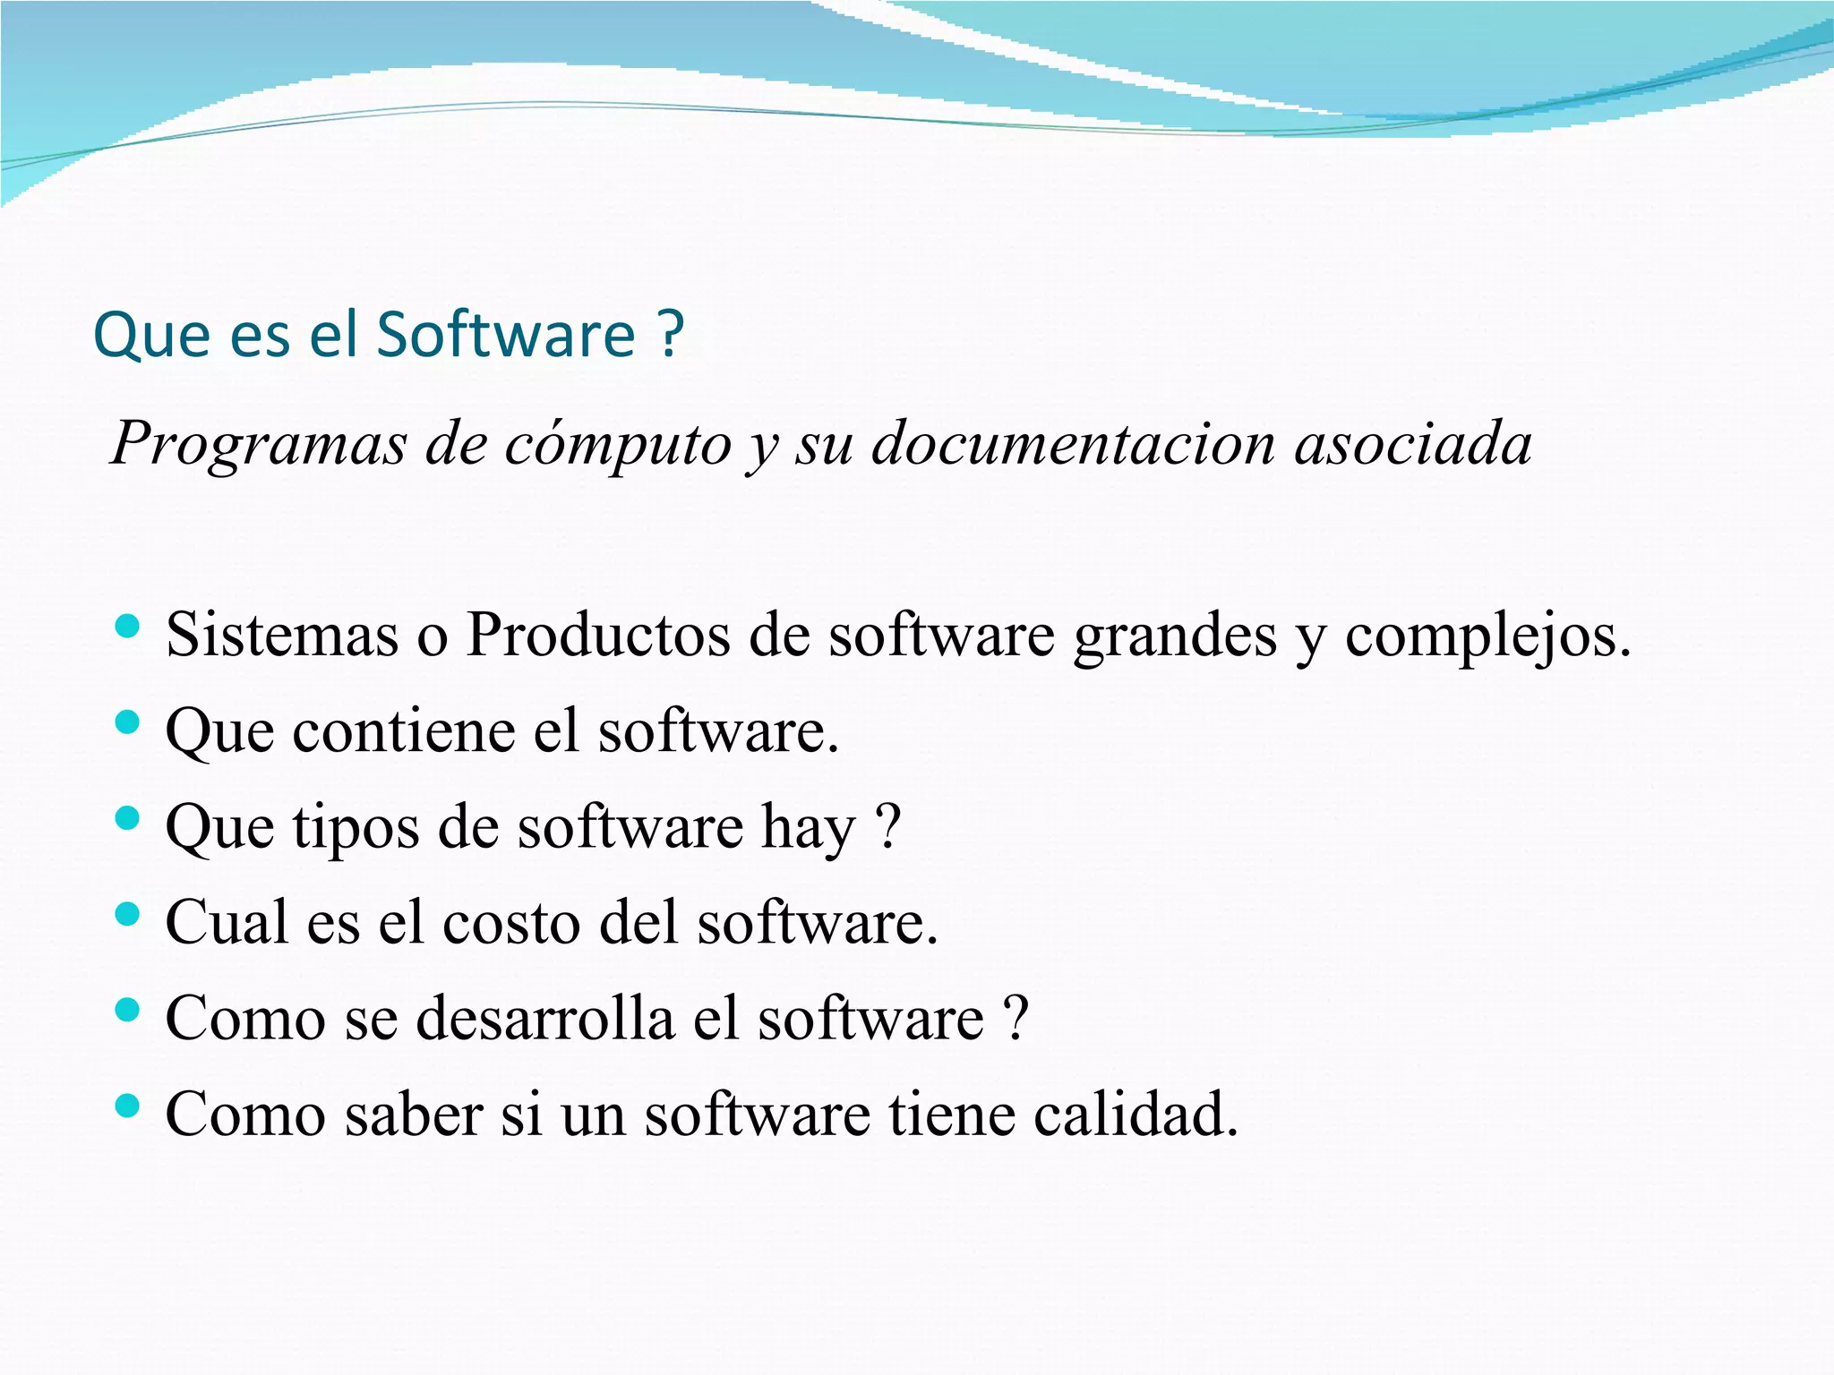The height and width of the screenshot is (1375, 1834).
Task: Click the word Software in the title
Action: [x=505, y=335]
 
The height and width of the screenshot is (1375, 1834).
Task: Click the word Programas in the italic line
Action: [x=258, y=444]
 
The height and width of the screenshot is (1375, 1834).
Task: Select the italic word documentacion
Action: [x=1073, y=444]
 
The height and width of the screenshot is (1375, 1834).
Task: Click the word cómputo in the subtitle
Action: [x=618, y=446]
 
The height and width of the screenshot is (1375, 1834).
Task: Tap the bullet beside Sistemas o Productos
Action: [x=128, y=626]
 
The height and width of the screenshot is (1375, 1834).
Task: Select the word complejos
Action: [x=1487, y=636]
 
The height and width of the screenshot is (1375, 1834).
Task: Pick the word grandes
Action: [x=1175, y=636]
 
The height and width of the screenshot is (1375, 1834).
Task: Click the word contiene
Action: [x=403, y=730]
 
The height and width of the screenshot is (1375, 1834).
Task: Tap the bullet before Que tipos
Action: [x=128, y=817]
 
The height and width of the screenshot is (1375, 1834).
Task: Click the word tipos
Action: [x=356, y=828]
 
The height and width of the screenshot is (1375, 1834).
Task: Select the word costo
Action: [x=510, y=922]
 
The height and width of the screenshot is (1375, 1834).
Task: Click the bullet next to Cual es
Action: [x=128, y=914]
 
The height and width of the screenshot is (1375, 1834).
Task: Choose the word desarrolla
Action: [x=544, y=1018]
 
